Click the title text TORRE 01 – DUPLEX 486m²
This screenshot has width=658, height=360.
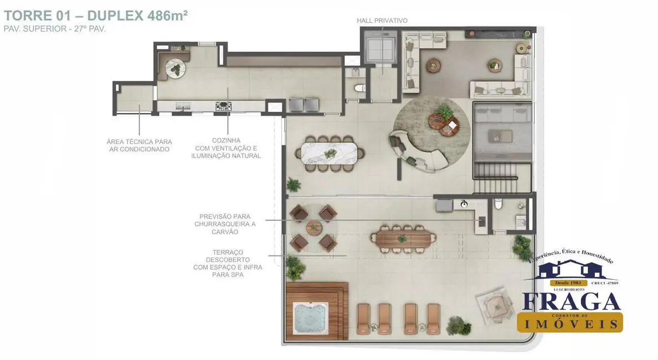[x=96, y=15]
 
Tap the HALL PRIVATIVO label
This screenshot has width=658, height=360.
[x=382, y=20]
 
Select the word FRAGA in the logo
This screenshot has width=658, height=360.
[x=571, y=302]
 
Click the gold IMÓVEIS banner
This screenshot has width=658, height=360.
[x=570, y=322]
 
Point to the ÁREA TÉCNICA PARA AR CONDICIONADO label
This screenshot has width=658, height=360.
[x=139, y=146]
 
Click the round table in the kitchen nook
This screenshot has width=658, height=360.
[x=177, y=68]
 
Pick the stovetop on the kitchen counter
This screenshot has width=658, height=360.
[x=223, y=106]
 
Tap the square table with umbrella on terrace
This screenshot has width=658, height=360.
[x=495, y=305]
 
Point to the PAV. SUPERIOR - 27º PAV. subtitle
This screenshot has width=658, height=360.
[x=54, y=29]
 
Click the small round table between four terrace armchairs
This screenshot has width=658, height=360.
[x=313, y=227]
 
